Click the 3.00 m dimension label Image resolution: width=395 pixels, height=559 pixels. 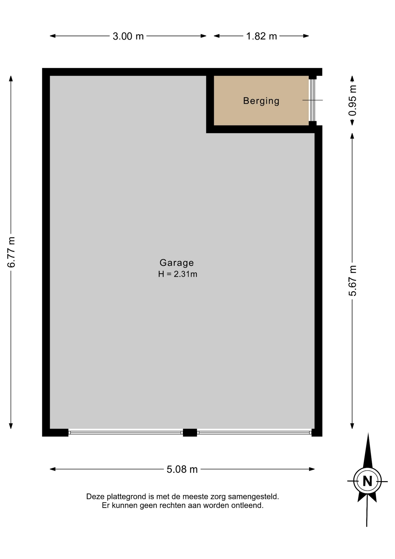click(128, 36)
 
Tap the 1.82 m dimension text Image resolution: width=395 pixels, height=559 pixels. click(261, 36)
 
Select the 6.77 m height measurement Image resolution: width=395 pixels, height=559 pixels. click(11, 252)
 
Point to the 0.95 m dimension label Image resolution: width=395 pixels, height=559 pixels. click(353, 100)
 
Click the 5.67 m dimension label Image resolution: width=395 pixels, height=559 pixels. click(353, 281)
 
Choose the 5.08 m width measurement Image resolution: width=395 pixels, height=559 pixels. click(182, 469)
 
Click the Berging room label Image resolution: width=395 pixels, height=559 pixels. click(261, 101)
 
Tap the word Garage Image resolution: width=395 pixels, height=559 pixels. click(177, 263)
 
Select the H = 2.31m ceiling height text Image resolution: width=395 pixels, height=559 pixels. click(178, 274)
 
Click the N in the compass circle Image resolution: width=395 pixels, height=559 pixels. click(367, 481)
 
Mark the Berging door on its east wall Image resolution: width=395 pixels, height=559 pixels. click(312, 100)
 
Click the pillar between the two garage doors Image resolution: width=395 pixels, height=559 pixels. click(190, 433)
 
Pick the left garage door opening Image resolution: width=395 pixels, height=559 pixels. click(126, 433)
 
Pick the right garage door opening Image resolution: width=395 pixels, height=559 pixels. click(254, 433)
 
